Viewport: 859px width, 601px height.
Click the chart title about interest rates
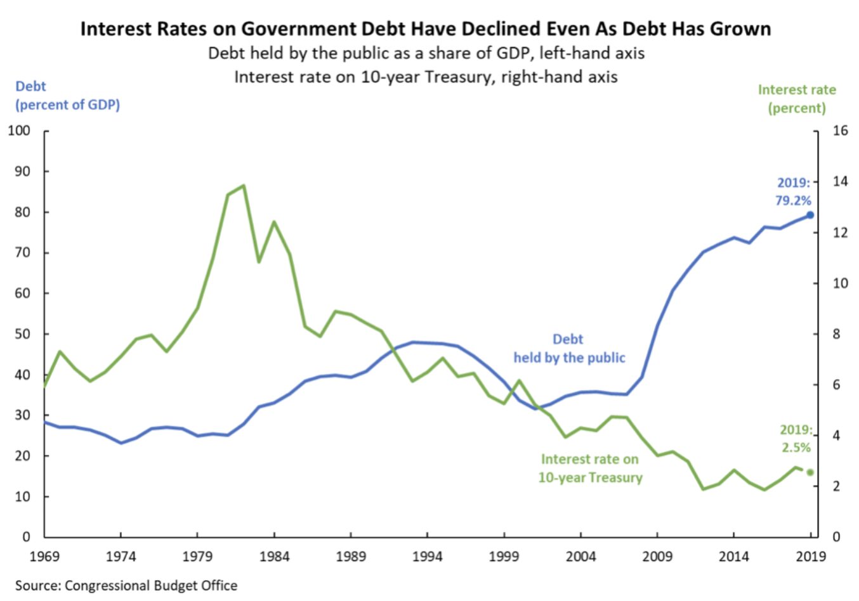pos(425,29)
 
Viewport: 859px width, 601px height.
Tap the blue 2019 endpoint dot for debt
pos(810,215)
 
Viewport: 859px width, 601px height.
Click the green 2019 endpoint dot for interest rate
pos(810,472)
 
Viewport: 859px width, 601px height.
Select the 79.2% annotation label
pos(793,200)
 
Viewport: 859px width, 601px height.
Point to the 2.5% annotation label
pos(796,447)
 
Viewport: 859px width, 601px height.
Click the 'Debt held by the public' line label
pos(569,349)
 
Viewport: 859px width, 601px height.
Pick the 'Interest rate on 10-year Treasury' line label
pos(590,469)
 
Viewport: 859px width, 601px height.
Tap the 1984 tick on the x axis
pos(274,557)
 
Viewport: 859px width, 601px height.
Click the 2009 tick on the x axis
pos(657,557)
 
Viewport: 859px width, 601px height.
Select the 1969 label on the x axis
pos(44,557)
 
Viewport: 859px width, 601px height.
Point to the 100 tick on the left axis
pos(19,131)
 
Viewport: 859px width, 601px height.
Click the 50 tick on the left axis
pos(22,334)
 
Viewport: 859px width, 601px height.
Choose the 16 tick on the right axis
pos(840,131)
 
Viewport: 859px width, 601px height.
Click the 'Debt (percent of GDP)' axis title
pos(67,96)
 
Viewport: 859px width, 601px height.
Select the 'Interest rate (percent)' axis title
pos(797,99)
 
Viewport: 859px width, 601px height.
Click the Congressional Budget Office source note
pos(126,585)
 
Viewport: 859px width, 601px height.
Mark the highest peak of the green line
pos(244,186)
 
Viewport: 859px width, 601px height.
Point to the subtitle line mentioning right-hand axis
pos(426,77)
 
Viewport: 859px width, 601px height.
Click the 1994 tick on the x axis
pos(427,557)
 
